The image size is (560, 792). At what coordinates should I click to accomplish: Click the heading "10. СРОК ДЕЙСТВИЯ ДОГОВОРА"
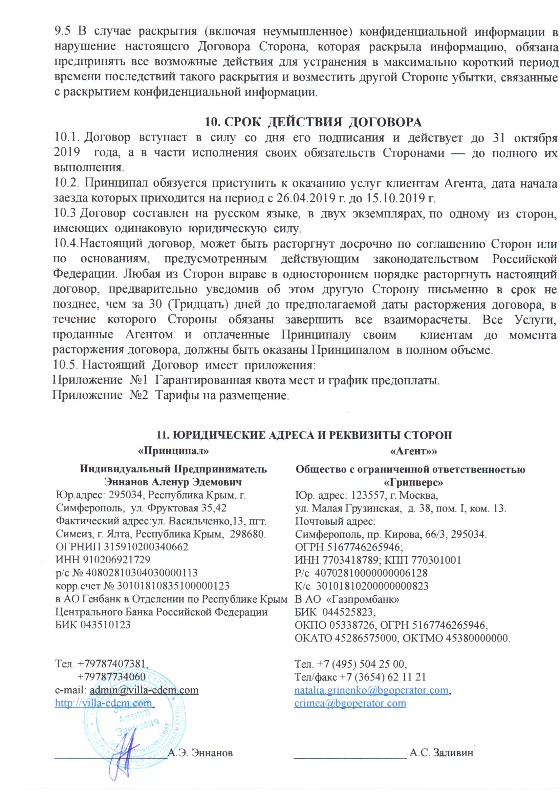[x=313, y=122]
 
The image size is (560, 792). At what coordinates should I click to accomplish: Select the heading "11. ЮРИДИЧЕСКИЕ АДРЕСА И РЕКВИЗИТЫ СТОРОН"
[x=304, y=435]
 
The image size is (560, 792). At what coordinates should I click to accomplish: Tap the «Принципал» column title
[x=173, y=451]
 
